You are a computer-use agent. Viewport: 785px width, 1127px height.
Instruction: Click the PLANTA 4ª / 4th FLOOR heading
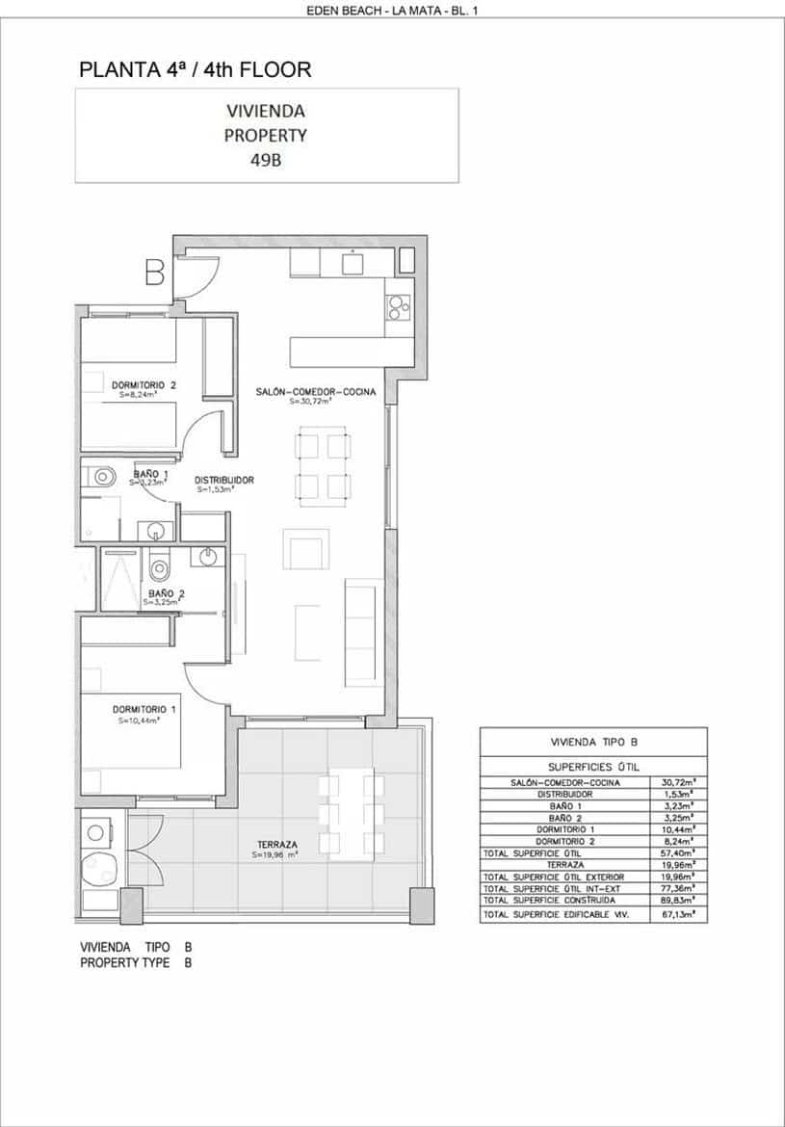tap(196, 69)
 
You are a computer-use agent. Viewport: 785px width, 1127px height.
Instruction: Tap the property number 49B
tap(265, 161)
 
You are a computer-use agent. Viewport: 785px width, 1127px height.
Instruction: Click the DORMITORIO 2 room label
tap(144, 385)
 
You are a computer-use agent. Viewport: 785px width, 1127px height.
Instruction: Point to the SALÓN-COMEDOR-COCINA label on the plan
tap(315, 392)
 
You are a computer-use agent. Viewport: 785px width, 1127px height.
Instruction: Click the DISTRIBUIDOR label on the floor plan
tap(224, 480)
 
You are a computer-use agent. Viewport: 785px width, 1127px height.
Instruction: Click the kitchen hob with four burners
tap(399, 307)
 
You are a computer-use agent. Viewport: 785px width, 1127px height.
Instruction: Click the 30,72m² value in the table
tap(679, 783)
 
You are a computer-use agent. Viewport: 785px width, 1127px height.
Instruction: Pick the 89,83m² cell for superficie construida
tap(679, 900)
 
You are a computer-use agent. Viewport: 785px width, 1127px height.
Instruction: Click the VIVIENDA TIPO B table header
tap(593, 742)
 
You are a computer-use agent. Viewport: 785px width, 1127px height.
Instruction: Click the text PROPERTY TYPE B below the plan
tap(136, 962)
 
